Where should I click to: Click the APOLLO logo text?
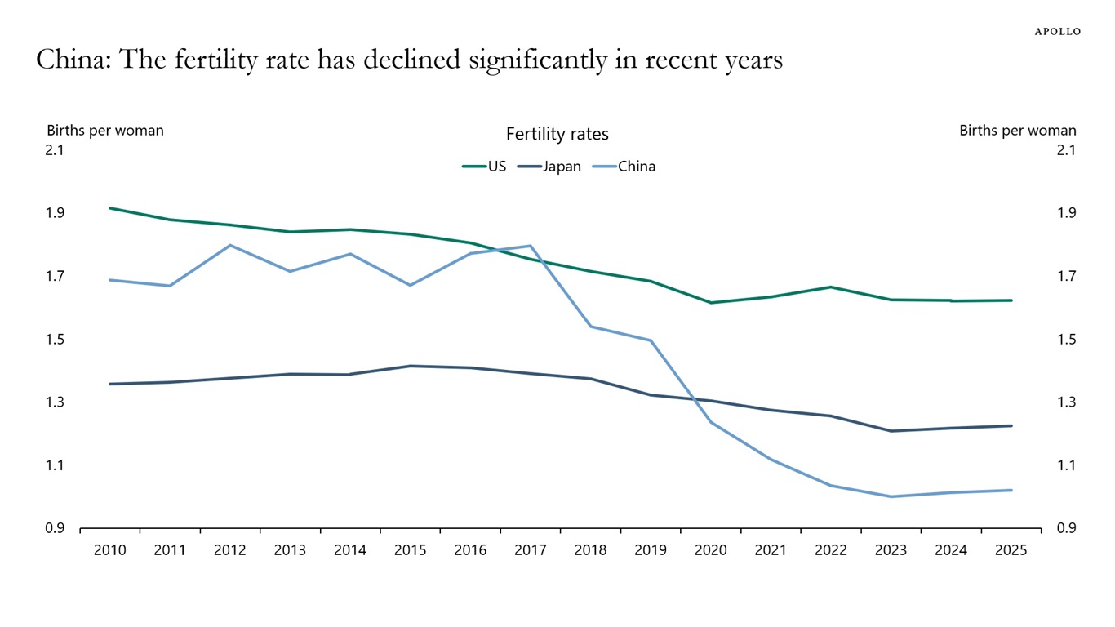1057,31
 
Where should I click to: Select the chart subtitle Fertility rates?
557,134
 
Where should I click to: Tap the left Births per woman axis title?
104,131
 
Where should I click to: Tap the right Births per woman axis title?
1017,131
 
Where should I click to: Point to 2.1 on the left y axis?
55,150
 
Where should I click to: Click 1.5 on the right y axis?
1066,340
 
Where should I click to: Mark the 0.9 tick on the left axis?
55,529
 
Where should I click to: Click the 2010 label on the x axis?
110,550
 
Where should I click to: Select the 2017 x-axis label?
531,550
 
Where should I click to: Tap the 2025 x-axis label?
1011,550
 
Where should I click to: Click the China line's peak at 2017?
531,246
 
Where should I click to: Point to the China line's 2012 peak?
230,245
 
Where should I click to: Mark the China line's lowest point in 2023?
891,496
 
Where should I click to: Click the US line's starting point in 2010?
110,208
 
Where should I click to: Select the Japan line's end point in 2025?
1011,425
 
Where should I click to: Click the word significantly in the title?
513,60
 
